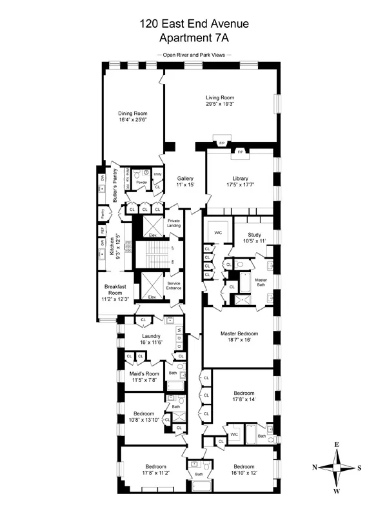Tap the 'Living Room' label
219,97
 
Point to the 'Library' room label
241,179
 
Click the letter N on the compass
314,468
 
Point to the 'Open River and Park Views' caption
193,55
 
